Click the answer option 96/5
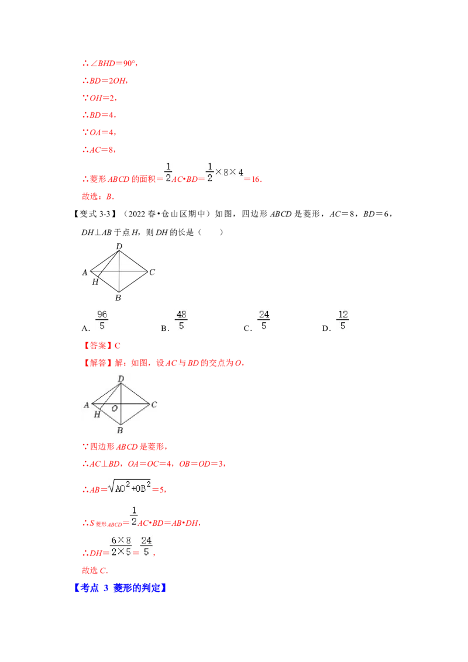[102, 320]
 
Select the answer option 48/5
[182, 320]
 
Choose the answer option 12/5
[342, 320]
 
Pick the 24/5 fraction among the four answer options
[263, 320]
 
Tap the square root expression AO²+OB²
[130, 487]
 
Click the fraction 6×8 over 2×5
[121, 546]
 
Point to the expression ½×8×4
[223, 171]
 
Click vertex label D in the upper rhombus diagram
[119, 246]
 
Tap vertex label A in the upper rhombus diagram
[85, 272]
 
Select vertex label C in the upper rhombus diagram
[152, 272]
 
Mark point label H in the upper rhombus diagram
[95, 282]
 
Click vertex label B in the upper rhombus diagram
[118, 298]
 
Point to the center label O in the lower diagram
[115, 408]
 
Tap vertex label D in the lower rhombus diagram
[121, 379]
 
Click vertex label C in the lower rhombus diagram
[154, 404]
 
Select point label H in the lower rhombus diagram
[97, 414]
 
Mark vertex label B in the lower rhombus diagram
[120, 430]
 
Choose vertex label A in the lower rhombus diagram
[87, 404]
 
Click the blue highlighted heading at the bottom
[122, 588]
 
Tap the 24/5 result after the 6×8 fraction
[147, 546]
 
